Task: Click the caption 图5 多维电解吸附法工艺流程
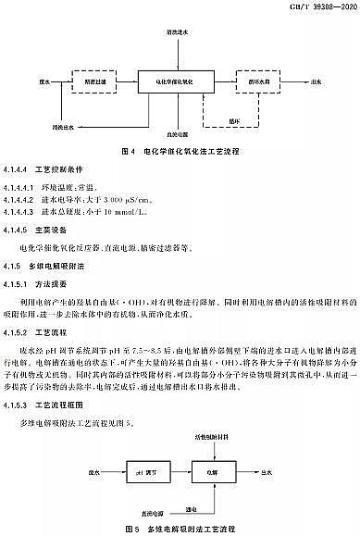[180, 527]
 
